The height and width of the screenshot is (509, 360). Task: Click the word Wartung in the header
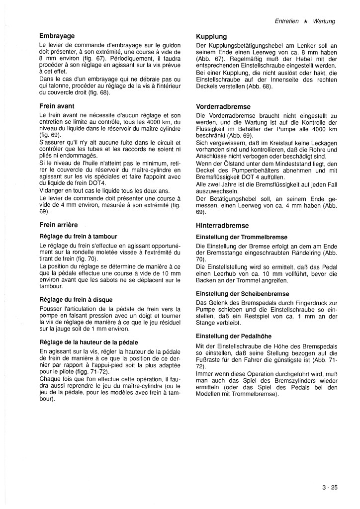tap(324, 22)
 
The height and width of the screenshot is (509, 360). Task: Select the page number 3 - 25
tap(329, 488)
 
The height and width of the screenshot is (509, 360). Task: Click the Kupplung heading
tap(211, 37)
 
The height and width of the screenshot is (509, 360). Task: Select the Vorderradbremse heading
tap(223, 107)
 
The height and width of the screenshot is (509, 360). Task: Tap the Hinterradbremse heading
tap(222, 225)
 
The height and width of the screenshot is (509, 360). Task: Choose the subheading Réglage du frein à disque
tap(76, 300)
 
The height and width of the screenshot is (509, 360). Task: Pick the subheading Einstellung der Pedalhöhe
tap(234, 336)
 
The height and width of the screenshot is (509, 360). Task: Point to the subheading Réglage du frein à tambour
tap(78, 236)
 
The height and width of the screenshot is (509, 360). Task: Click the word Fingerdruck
tap(304, 303)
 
